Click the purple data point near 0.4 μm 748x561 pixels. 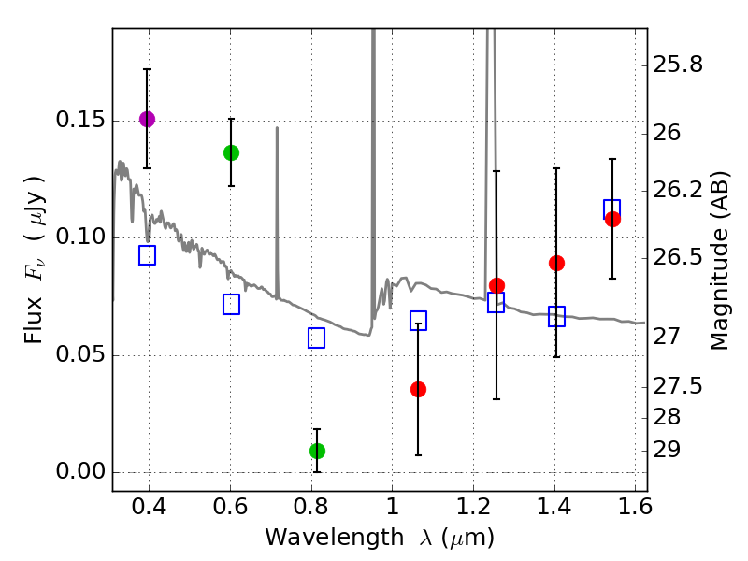coord(147,119)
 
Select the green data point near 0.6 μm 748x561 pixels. coord(231,152)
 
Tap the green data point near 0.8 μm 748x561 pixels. coord(317,451)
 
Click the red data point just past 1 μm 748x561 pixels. coord(418,389)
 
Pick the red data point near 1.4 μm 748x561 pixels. coord(556,263)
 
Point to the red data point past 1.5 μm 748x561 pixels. coord(612,219)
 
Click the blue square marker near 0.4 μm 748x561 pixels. coord(147,255)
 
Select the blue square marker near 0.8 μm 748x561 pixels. coord(316,338)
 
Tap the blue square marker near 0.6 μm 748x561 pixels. coord(231,305)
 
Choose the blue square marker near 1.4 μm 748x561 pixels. coord(556,317)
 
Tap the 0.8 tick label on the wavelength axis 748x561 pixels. coord(311,509)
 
